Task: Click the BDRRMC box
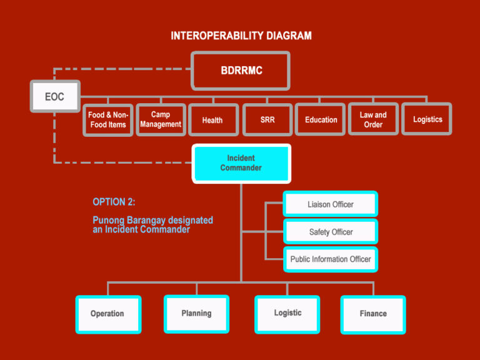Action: pos(241,71)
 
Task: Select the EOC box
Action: pos(55,97)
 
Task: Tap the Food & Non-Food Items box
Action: pos(107,119)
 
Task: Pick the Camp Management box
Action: pos(161,119)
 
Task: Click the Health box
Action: pos(212,119)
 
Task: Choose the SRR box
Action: pos(267,119)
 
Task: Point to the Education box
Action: pos(321,119)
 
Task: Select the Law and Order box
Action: pos(373,119)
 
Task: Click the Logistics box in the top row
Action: pos(427,119)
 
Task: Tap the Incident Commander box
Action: pos(241,163)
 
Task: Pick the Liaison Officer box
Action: pos(330,204)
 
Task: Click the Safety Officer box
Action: pos(330,232)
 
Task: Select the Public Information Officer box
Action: pos(330,259)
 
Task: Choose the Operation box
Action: pos(107,314)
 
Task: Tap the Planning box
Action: pos(196,313)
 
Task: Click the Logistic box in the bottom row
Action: pos(287,313)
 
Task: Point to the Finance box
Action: pos(373,314)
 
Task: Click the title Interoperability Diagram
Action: pos(241,36)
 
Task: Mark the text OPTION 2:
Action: pos(114,202)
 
